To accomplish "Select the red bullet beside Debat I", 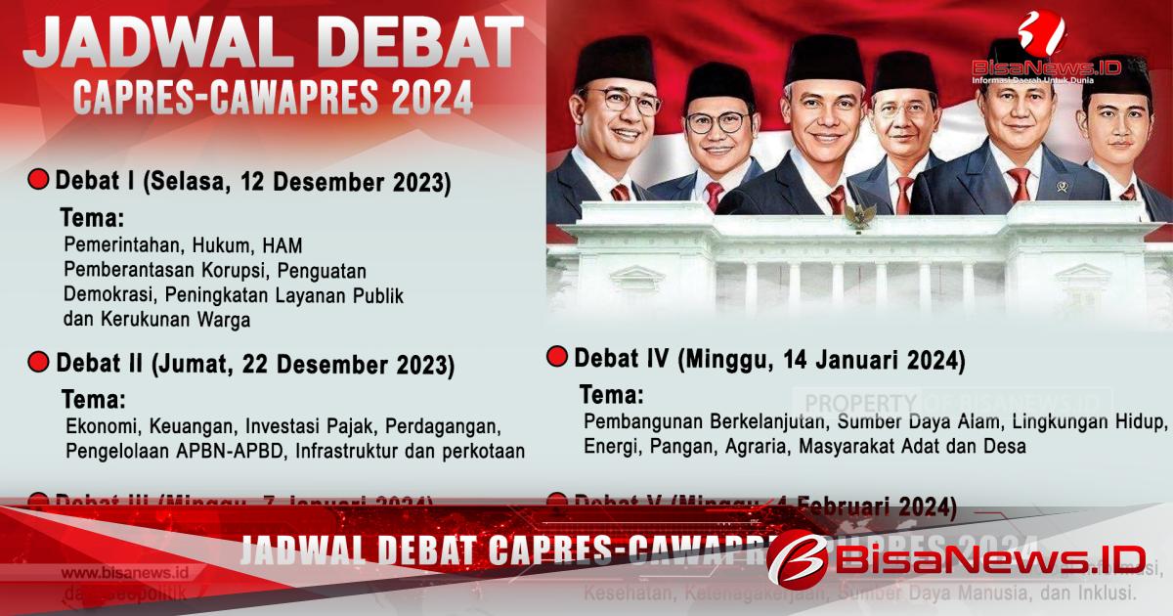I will [x=38, y=180].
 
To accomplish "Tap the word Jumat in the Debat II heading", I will [x=190, y=365].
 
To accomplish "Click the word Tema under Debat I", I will [x=93, y=217].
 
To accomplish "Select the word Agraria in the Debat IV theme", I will [x=762, y=447].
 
